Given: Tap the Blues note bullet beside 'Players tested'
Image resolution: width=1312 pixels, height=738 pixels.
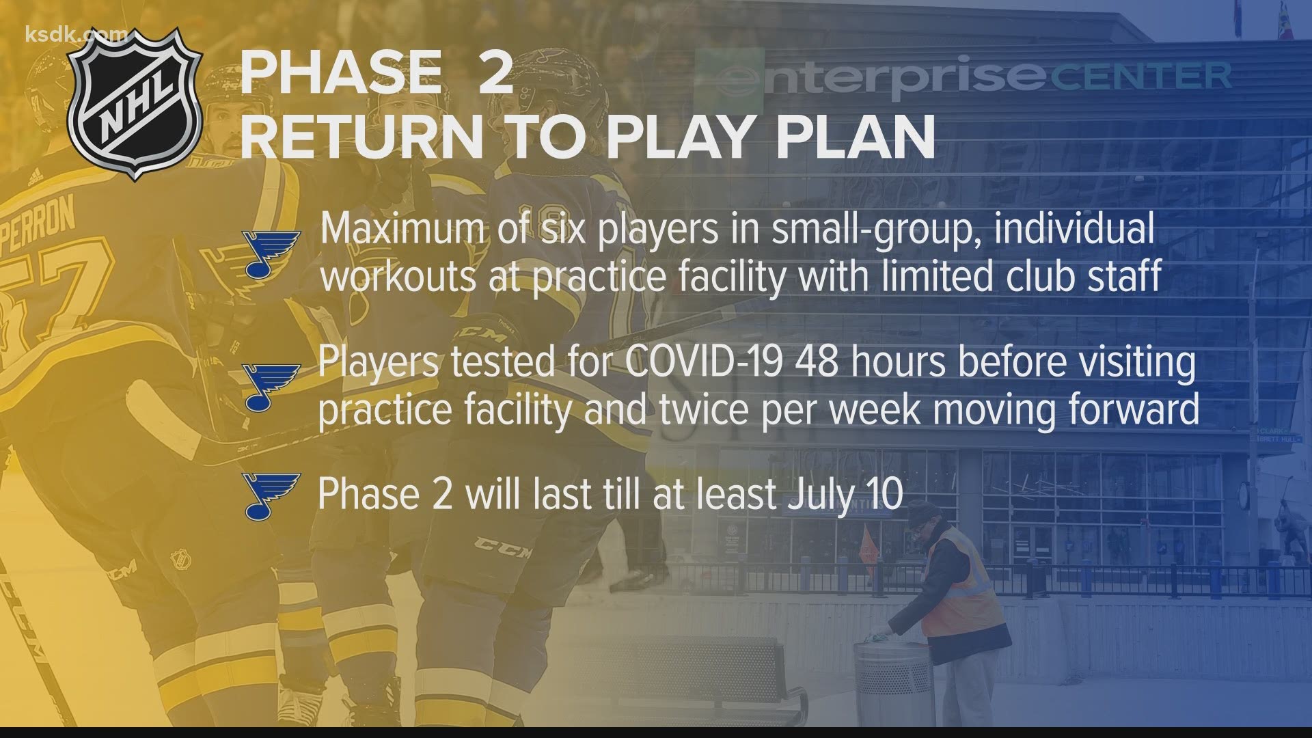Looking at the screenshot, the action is (270, 387).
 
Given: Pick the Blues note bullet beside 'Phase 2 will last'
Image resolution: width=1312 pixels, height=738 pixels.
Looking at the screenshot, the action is (270, 495).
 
